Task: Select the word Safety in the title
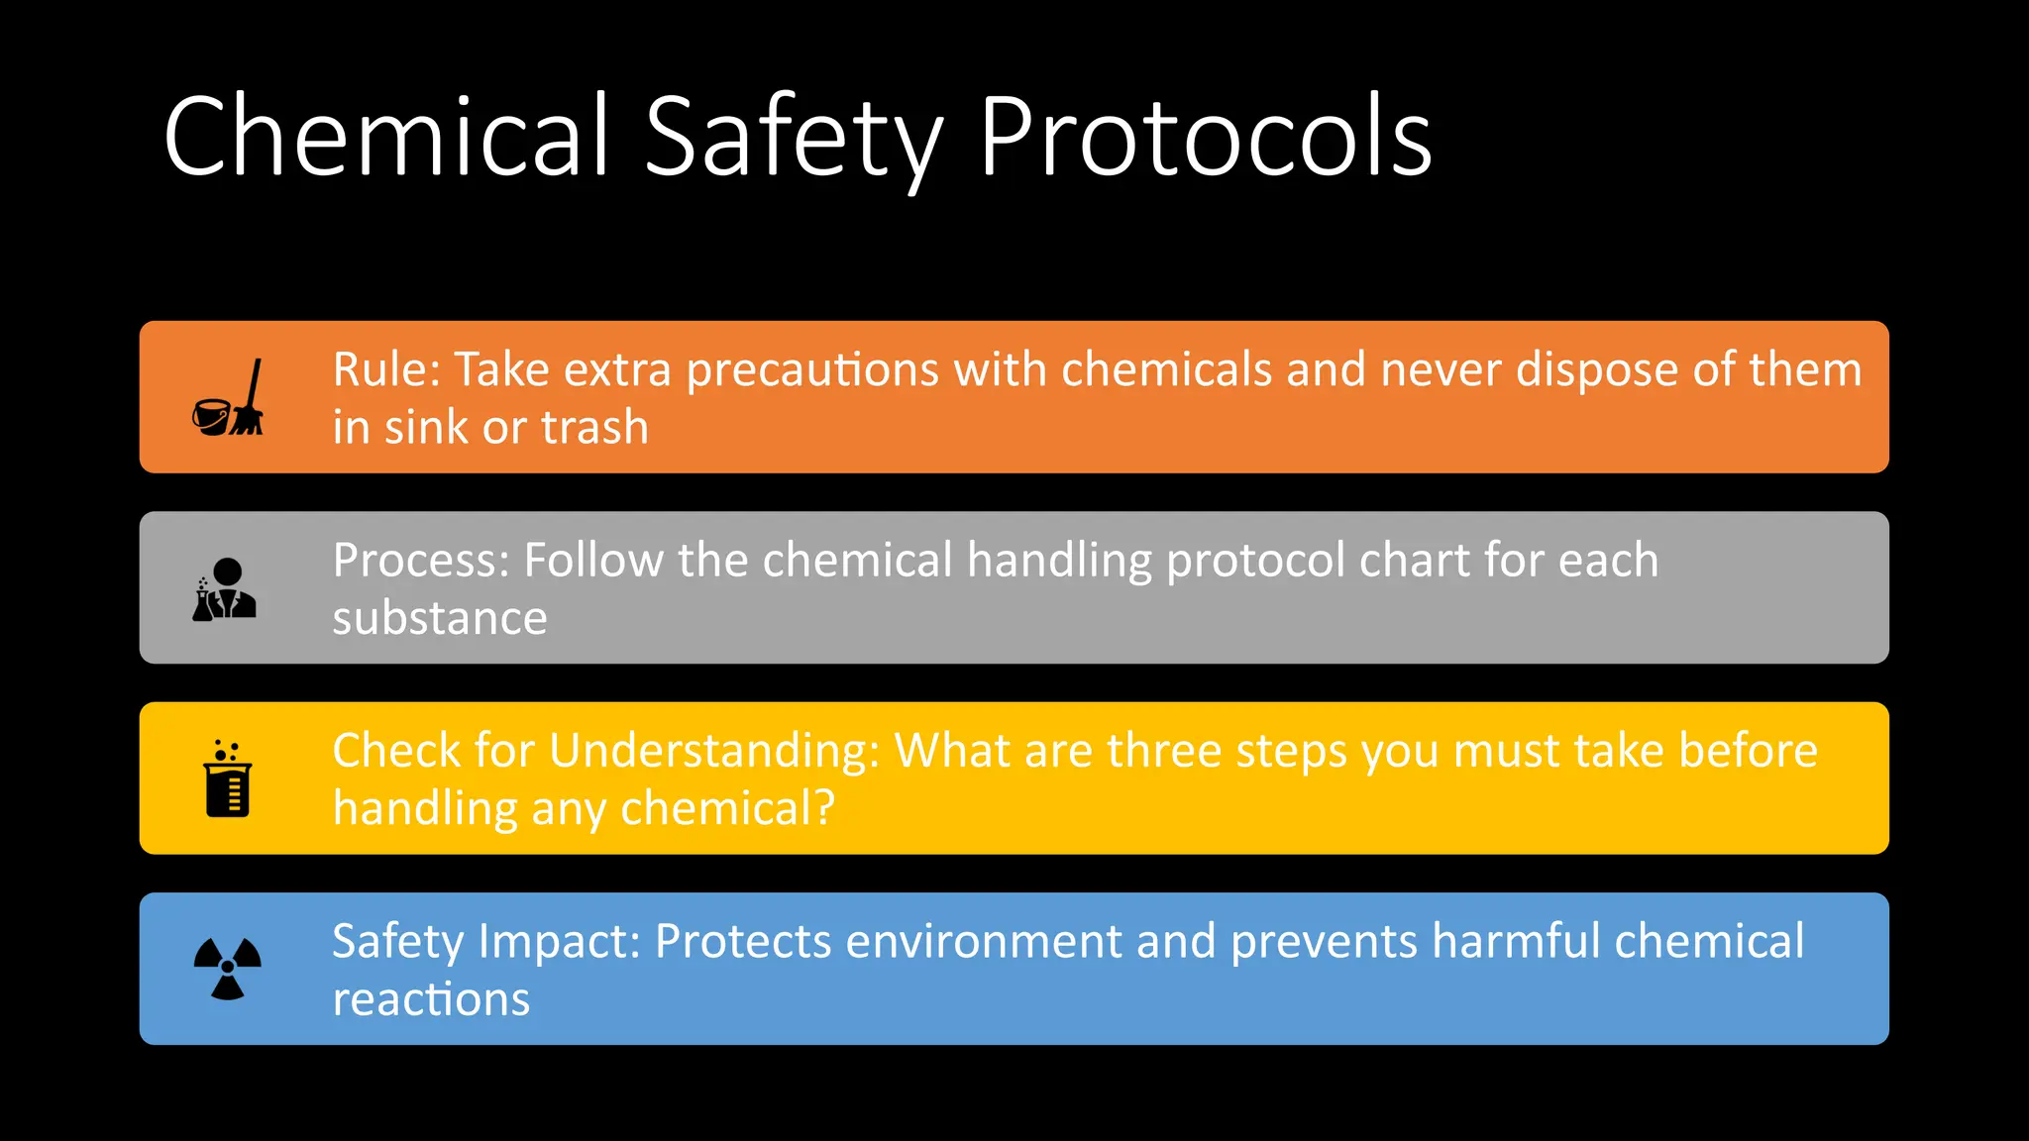tap(794, 139)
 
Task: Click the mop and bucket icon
tap(229, 398)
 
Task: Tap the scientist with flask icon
tap(225, 589)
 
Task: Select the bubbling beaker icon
tap(228, 778)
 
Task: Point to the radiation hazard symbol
tap(228, 969)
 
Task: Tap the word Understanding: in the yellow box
tap(714, 751)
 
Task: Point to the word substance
tap(440, 619)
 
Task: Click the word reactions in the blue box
tap(431, 999)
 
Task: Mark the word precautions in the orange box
tap(812, 369)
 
